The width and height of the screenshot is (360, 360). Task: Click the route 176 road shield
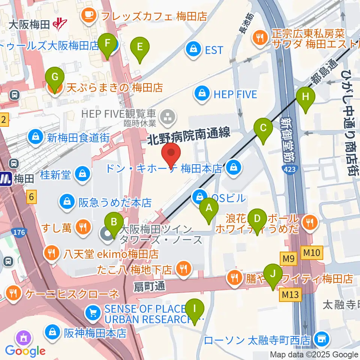[19, 233]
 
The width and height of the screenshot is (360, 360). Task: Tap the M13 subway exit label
[290, 295]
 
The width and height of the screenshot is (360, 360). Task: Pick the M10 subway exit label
[312, 253]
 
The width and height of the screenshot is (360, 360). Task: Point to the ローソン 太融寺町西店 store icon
[321, 340]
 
